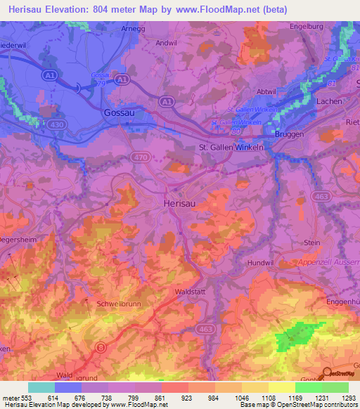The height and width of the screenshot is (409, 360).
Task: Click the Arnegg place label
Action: (x=132, y=29)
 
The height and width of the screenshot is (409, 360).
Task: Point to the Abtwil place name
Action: (x=266, y=91)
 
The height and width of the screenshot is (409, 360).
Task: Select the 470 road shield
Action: (x=141, y=157)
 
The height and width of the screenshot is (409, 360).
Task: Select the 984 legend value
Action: (x=212, y=398)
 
